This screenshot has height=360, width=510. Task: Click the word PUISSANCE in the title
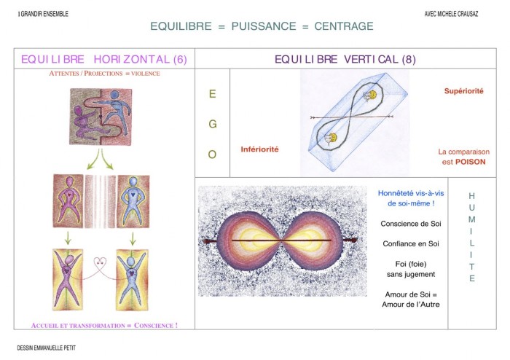point(264,26)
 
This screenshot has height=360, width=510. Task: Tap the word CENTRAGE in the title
point(344,26)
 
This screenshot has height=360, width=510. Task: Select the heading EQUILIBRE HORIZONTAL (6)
point(104,59)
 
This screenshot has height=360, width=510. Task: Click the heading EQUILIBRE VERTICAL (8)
point(345,59)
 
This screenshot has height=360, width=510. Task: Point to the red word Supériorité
point(464,91)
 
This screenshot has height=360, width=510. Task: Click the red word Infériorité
point(259,149)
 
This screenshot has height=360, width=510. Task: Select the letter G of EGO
point(213,124)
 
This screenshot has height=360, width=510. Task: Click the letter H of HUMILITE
point(471,196)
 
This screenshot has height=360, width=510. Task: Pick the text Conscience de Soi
point(411,224)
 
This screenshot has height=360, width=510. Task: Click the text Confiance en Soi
point(411,243)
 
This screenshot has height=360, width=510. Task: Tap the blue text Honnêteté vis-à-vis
point(411,193)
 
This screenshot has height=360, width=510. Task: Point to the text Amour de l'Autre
point(411,305)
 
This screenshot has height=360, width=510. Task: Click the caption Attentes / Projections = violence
point(104,74)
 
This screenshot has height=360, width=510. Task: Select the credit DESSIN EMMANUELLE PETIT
point(46,348)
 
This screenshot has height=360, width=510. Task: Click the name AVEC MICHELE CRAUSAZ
point(451,14)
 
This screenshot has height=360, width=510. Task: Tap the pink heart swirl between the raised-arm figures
point(101,262)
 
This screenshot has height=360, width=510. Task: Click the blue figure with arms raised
point(131,278)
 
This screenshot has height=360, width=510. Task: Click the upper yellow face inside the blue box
point(372,95)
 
